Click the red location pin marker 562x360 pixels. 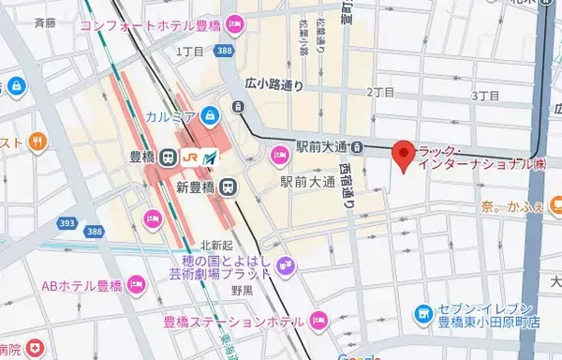[403, 156]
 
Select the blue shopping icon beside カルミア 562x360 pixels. [211, 117]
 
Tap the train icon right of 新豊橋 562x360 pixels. [228, 186]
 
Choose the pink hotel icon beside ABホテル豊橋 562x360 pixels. [136, 283]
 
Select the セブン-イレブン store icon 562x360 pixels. [423, 311]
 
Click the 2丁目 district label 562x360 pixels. [381, 93]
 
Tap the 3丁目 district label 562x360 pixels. [487, 96]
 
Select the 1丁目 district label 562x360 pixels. [188, 54]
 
